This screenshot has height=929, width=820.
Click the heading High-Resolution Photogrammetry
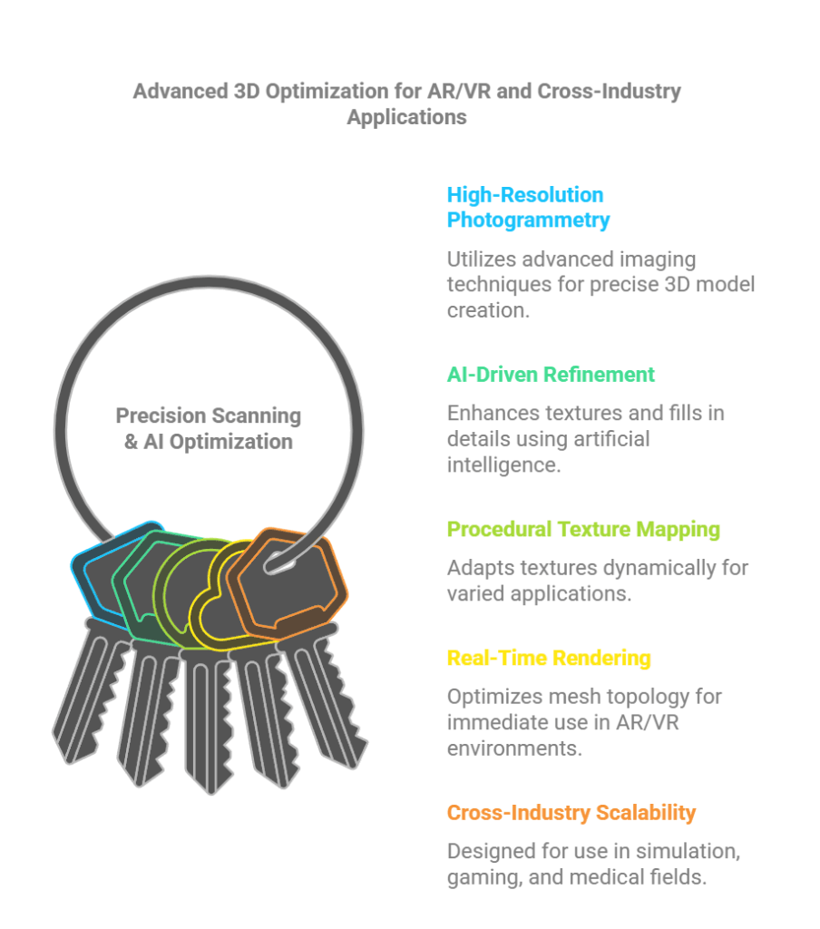(x=528, y=208)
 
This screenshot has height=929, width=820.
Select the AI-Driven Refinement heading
(x=551, y=375)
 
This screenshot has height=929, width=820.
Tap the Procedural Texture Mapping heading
(x=583, y=529)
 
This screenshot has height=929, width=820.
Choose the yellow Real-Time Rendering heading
(x=549, y=658)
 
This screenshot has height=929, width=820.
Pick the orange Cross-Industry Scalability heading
(x=571, y=812)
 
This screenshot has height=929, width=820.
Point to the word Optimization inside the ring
(x=231, y=442)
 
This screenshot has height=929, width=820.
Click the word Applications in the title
(x=407, y=117)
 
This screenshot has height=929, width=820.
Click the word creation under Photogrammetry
(x=488, y=310)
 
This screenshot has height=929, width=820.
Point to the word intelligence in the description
(x=503, y=465)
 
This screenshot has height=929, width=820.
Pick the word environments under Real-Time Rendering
(x=514, y=748)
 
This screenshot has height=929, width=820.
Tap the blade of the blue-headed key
(x=89, y=693)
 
